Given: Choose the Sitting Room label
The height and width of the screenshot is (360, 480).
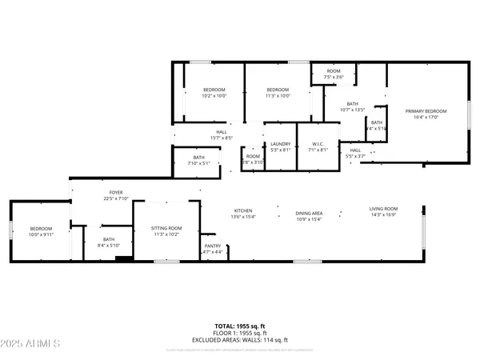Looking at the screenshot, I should (166, 231).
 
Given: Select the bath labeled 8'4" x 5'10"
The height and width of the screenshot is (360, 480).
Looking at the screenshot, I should (109, 242).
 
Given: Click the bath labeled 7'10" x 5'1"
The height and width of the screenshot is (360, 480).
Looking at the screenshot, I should (198, 160).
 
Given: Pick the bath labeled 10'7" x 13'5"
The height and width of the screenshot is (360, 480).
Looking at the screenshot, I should (352, 106).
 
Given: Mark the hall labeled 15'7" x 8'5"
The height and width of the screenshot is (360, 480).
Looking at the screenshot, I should (221, 135).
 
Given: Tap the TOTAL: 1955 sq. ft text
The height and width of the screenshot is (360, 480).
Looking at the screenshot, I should (240, 326).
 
